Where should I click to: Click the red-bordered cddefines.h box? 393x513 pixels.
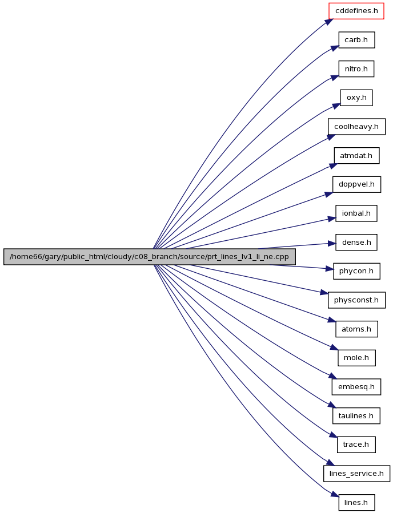[x=356, y=11]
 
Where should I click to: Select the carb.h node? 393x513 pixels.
[x=356, y=40]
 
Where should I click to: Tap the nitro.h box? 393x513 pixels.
[x=356, y=69]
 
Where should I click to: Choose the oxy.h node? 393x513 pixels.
[x=356, y=98]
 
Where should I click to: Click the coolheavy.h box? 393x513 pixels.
[x=356, y=127]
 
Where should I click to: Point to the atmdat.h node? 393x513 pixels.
[x=356, y=156]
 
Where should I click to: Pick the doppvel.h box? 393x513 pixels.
[x=356, y=184]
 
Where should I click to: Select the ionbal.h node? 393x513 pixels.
[x=356, y=213]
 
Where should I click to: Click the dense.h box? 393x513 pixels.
[x=356, y=243]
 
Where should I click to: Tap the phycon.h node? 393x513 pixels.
[x=356, y=271]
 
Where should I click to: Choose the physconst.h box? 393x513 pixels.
[x=356, y=300]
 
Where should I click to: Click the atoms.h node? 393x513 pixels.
[x=356, y=329]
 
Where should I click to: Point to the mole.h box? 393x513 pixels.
[x=356, y=358]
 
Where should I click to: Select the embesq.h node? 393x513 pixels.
[x=356, y=387]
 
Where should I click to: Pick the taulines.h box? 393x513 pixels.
[x=356, y=416]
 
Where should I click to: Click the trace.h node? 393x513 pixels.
[x=356, y=445]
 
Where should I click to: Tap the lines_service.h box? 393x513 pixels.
[x=356, y=474]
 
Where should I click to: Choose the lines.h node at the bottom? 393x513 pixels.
[x=356, y=503]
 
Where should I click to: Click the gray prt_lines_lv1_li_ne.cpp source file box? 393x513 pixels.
[x=149, y=257]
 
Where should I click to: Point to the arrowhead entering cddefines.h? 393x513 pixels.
[x=329, y=22]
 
